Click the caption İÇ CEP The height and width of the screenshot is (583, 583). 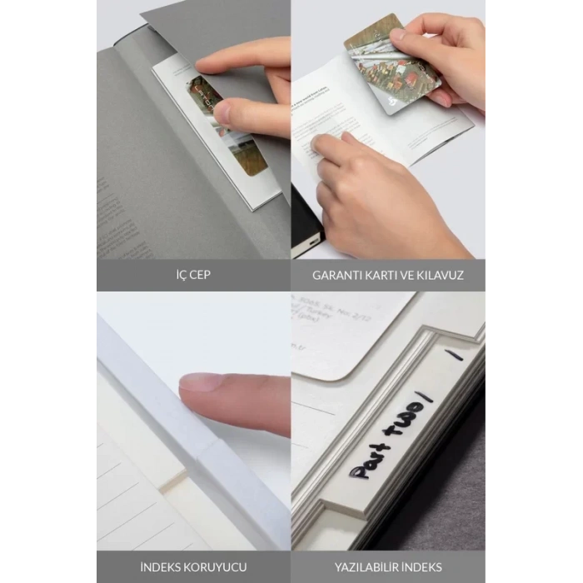coord(192,274)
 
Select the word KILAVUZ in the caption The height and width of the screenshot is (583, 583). coord(438,274)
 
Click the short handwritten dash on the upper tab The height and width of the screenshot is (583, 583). coord(454,354)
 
